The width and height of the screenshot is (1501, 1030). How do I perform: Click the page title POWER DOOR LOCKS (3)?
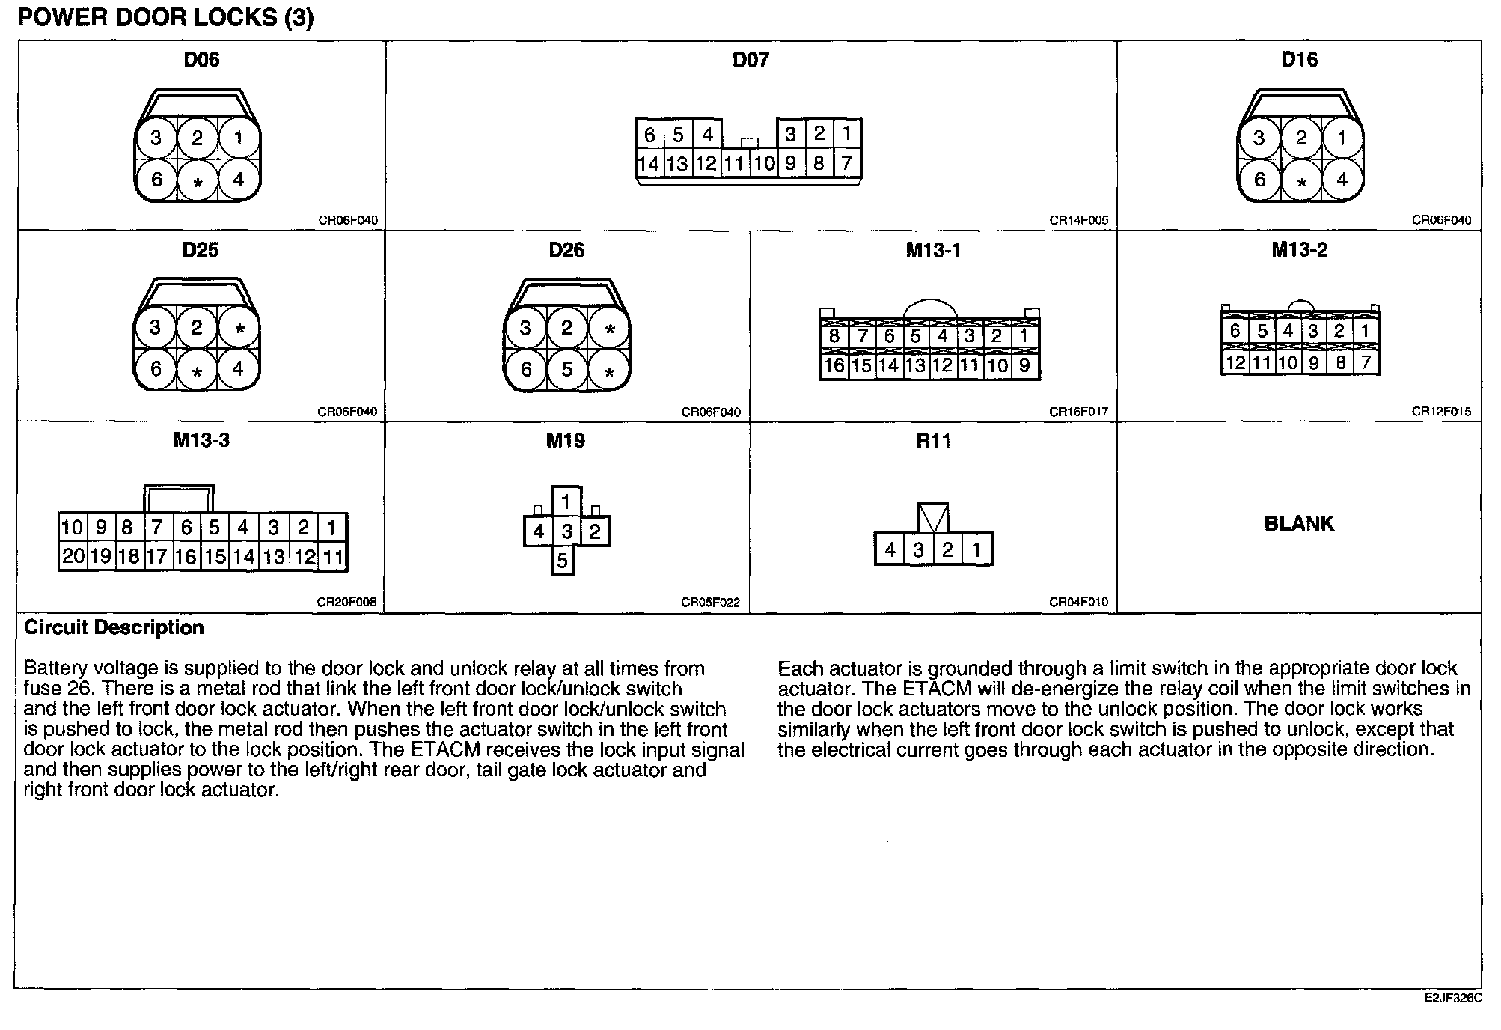click(165, 18)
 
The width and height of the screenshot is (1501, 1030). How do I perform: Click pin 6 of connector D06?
click(156, 180)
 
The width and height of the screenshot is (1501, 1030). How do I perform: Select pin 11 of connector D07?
click(736, 163)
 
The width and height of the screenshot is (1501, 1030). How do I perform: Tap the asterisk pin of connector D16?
click(1302, 182)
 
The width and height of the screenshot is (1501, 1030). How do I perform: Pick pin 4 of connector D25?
click(238, 369)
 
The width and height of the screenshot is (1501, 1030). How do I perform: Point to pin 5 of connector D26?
click(567, 369)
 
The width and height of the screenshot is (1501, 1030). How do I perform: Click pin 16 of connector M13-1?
click(834, 366)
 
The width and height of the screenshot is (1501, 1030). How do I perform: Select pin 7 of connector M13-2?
click(1366, 363)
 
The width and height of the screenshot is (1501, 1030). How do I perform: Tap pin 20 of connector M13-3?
click(73, 556)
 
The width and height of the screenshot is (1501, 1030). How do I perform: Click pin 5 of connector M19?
click(563, 561)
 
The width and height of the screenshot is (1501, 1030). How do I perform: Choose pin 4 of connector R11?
click(890, 550)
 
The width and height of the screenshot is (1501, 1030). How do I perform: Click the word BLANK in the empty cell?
click(1299, 523)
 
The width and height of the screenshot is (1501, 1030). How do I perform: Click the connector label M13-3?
click(201, 440)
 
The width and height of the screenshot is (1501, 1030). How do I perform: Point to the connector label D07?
click(750, 60)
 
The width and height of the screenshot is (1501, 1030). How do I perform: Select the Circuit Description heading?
click(114, 627)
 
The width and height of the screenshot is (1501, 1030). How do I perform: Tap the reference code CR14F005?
click(1078, 221)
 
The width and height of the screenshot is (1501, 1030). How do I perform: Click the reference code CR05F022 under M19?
click(710, 603)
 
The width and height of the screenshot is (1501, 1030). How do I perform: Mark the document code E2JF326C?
click(1452, 999)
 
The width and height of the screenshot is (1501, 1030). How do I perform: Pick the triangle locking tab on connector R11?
click(933, 517)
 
